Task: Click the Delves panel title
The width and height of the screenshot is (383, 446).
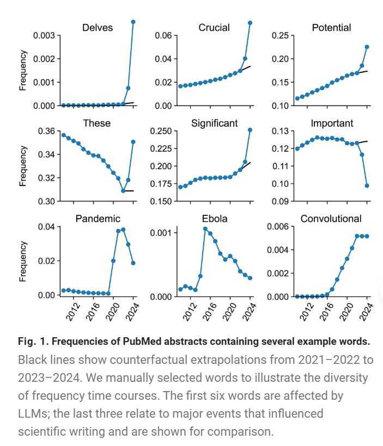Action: coord(98,28)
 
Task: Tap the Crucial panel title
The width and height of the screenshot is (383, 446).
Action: coord(214,28)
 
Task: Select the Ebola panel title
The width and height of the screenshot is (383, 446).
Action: coord(214,219)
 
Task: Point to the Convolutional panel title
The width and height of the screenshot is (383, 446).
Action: coord(331,219)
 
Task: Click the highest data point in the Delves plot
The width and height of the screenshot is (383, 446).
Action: coord(133,22)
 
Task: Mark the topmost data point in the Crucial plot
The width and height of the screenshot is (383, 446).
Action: coord(250,23)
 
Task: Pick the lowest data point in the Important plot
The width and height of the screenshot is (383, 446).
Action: coord(367,185)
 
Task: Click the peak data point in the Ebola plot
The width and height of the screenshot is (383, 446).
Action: coord(205,229)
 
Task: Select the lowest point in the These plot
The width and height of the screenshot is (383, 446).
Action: coord(123,191)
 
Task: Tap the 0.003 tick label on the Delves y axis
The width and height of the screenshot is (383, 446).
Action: coord(45,36)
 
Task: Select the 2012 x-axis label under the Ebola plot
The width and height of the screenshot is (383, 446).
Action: coord(190,312)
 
